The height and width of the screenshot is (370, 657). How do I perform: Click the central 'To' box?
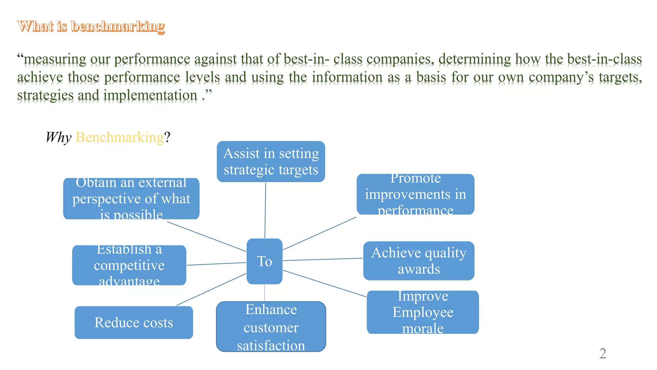pyautogui.click(x=264, y=261)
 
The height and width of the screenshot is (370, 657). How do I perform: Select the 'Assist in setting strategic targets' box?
pyautogui.click(x=271, y=162)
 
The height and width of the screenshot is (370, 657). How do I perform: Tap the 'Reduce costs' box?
pyautogui.click(x=134, y=322)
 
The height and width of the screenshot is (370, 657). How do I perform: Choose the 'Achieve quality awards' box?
pyautogui.click(x=419, y=261)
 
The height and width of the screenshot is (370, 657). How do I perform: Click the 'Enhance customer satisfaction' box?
pyautogui.click(x=271, y=327)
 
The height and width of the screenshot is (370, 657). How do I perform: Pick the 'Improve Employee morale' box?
pyautogui.click(x=423, y=312)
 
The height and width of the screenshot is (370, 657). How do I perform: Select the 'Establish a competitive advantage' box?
pyautogui.click(x=129, y=265)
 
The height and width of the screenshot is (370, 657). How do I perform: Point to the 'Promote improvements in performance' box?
pyautogui.click(x=415, y=194)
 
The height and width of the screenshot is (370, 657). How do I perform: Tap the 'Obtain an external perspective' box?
pyautogui.click(x=131, y=199)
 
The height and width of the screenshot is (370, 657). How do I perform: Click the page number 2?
pyautogui.click(x=603, y=354)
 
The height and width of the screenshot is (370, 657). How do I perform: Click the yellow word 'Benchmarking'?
pyautogui.click(x=120, y=137)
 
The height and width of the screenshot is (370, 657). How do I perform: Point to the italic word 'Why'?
pyautogui.click(x=58, y=137)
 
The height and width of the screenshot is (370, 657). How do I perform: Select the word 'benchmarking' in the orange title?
pyautogui.click(x=118, y=26)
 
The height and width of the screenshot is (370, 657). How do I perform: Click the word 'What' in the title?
pyautogui.click(x=35, y=26)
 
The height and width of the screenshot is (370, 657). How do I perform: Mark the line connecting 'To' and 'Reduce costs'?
pyautogui.click(x=211, y=289)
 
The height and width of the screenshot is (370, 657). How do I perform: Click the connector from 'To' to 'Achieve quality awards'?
pyautogui.click(x=323, y=260)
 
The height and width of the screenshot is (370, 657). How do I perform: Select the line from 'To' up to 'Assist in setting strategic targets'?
pyautogui.click(x=265, y=210)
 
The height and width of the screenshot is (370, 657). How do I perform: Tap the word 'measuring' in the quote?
pyautogui.click(x=55, y=59)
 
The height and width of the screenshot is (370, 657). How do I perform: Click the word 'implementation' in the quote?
pyautogui.click(x=150, y=95)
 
